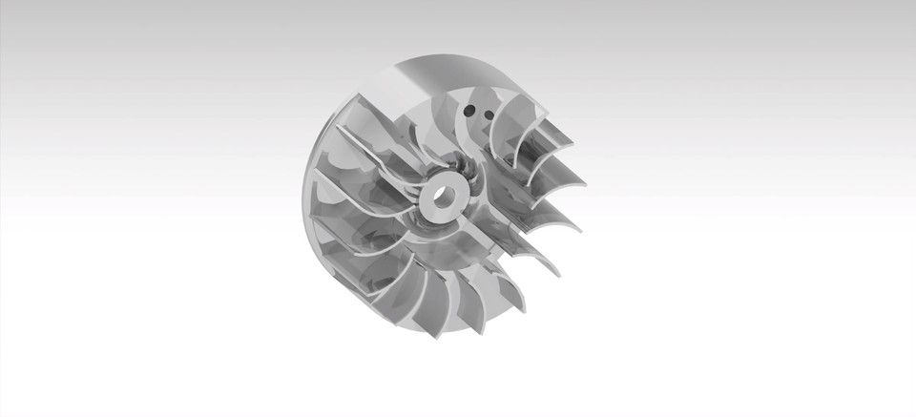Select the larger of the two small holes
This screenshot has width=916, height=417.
(x=469, y=111)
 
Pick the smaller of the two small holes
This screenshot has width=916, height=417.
(x=488, y=116)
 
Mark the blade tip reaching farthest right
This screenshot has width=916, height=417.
(x=583, y=182)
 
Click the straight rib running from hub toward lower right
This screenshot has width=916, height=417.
(x=487, y=229)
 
